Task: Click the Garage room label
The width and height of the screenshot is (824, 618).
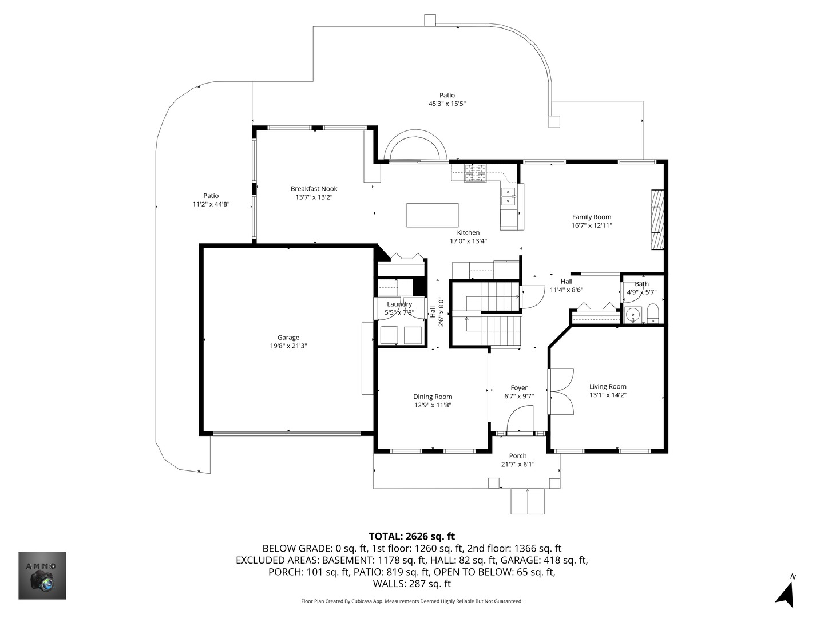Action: tap(288, 338)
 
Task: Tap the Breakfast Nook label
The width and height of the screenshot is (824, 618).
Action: tap(314, 189)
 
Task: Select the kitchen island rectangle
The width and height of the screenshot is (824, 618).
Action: tap(433, 215)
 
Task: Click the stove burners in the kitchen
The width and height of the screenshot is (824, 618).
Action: tap(475, 173)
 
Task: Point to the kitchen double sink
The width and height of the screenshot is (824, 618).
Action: tap(508, 196)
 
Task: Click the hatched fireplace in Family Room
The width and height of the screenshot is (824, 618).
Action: tap(657, 220)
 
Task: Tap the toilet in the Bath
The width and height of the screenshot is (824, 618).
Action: tap(653, 314)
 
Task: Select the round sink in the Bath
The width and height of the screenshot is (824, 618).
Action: tap(632, 314)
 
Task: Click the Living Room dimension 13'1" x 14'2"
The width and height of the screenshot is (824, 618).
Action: tap(608, 395)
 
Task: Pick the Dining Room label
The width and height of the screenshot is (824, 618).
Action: tap(433, 397)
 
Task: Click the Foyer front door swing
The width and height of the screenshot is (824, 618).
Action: tap(521, 418)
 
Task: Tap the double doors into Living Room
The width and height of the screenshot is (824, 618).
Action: tap(561, 391)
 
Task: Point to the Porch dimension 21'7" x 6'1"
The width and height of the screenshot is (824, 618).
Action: tap(517, 465)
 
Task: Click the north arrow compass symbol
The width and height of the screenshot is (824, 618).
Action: tap(786, 593)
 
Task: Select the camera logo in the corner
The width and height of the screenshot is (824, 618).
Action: tap(42, 576)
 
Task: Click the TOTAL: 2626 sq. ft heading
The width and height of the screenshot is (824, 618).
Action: tap(411, 537)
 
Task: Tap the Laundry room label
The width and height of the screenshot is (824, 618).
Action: tap(399, 304)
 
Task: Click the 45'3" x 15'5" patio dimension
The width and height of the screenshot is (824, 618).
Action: tap(447, 104)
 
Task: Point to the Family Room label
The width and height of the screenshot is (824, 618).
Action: tap(592, 217)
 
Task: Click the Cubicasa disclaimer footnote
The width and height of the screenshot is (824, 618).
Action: tap(411, 601)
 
